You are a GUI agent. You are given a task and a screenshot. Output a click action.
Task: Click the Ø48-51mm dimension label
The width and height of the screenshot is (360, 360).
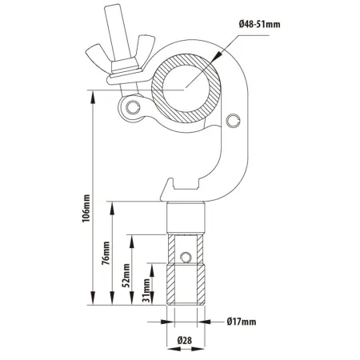click(x=259, y=25)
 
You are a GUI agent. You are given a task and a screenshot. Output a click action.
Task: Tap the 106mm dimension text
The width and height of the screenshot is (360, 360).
click(x=86, y=209)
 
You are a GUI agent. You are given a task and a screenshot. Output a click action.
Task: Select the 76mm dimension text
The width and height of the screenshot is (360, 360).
click(x=106, y=253)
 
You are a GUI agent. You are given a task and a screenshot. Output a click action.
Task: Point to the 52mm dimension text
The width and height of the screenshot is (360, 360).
click(x=126, y=275)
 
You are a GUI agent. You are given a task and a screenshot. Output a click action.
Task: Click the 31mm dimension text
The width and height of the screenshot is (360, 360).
click(x=146, y=290)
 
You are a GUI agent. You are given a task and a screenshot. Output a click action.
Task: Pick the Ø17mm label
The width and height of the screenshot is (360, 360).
click(x=242, y=322)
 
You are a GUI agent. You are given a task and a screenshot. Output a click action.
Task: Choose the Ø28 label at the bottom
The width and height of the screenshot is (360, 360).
click(x=185, y=340)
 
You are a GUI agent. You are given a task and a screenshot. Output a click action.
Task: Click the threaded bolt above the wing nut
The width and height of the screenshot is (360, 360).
click(x=118, y=34)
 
